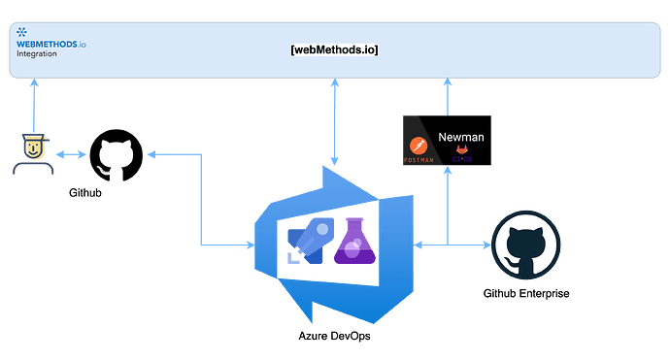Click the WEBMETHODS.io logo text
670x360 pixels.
[50, 44]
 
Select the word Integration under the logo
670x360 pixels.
[37, 54]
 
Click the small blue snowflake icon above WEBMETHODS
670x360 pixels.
[21, 33]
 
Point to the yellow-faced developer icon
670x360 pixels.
[33, 153]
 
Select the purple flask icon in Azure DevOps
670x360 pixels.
[352, 241]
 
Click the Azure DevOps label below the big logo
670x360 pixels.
[333, 335]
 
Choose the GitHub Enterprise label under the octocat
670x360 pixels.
[525, 294]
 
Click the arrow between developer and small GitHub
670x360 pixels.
[70, 154]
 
